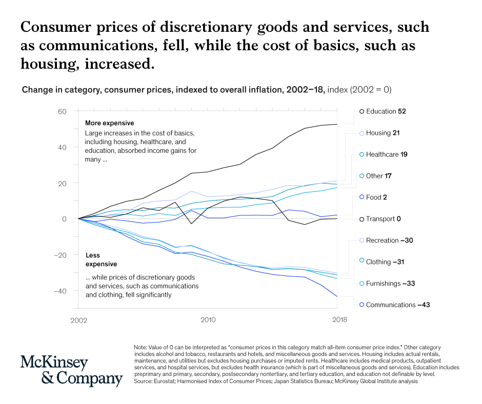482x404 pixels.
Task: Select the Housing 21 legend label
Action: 383,133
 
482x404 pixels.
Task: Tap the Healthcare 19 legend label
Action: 387,154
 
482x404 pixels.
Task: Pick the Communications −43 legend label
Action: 397,305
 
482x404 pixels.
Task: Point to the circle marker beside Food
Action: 361,197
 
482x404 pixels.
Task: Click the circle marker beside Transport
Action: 361,219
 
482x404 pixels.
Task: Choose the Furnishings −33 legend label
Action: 390,283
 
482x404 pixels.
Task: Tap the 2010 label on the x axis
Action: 208,320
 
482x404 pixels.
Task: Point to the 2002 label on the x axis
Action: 78,320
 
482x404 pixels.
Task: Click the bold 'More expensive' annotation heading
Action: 109,123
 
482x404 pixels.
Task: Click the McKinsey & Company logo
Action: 71,371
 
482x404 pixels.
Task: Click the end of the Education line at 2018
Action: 337,124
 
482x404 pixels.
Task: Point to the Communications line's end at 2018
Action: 337,296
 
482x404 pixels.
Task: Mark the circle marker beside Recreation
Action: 361,240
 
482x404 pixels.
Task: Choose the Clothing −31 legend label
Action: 385,261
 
